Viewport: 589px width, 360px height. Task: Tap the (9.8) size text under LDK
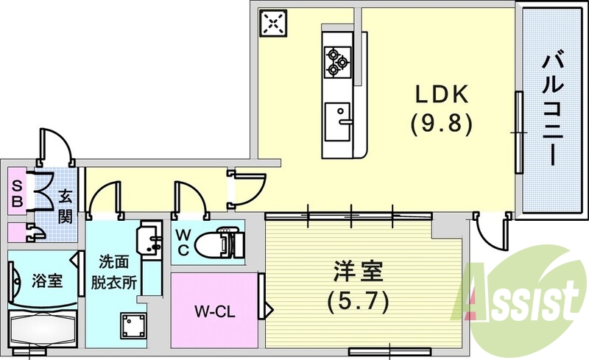pyautogui.click(x=440, y=122)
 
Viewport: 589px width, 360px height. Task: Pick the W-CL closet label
pyautogui.click(x=214, y=311)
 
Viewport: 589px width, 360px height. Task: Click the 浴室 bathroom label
pyautogui.click(x=46, y=280)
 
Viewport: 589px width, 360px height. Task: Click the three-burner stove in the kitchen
pyautogui.click(x=338, y=61)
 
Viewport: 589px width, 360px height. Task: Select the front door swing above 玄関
pyautogui.click(x=56, y=145)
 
